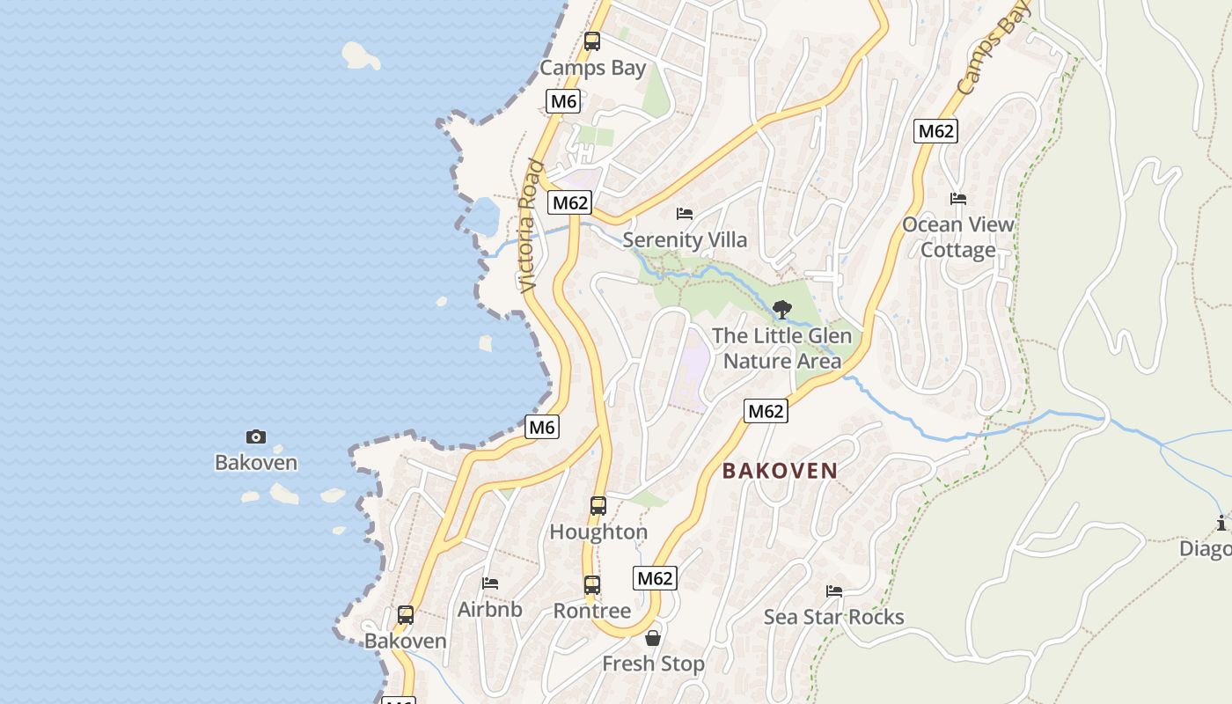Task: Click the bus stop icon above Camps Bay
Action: coord(592,40)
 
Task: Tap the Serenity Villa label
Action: coord(685,239)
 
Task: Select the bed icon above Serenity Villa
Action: coord(685,214)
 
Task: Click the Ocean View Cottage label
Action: coord(957,237)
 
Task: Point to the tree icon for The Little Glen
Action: coord(781,309)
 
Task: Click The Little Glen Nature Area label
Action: coord(781,348)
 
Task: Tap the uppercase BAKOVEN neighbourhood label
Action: coord(780,471)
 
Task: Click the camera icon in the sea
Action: coord(256,436)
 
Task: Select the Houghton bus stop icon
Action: coord(598,506)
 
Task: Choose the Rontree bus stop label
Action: coord(592,611)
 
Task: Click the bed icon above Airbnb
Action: coord(490,583)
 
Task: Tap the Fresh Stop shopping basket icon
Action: coord(653,638)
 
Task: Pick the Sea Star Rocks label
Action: coord(833,617)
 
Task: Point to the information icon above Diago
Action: coord(1221,524)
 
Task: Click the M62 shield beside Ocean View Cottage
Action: coord(935,131)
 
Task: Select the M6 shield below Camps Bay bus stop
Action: coord(563,101)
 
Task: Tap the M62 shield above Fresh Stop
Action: coord(655,578)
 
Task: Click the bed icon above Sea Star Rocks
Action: coord(834,591)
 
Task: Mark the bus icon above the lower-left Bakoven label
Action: coord(406,615)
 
